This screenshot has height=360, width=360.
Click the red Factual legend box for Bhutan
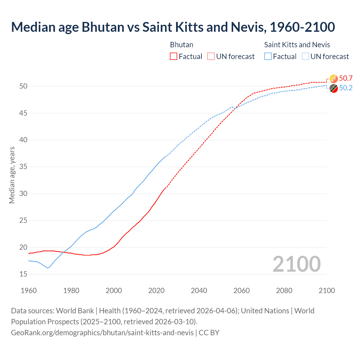pyautogui.click(x=174, y=57)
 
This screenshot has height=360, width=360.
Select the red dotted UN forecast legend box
pyautogui.click(x=211, y=57)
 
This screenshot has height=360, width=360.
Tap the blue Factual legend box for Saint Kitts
pyautogui.click(x=268, y=57)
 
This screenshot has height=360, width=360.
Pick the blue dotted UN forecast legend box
pyautogui.click(x=305, y=57)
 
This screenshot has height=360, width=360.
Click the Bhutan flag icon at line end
pyautogui.click(x=334, y=79)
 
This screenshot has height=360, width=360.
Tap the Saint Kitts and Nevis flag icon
pyautogui.click(x=334, y=88)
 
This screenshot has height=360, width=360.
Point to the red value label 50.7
pyautogui.click(x=346, y=78)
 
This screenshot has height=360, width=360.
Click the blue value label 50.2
pyautogui.click(x=346, y=88)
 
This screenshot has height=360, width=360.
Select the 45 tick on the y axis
pyautogui.click(x=23, y=113)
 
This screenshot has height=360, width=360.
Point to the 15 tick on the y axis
pyautogui.click(x=23, y=274)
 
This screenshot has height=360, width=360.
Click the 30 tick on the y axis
pyautogui.click(x=23, y=194)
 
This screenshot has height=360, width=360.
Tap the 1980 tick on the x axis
pyautogui.click(x=71, y=291)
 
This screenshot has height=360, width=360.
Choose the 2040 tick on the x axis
pyautogui.click(x=199, y=291)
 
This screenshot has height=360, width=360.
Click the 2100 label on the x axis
pyautogui.click(x=327, y=291)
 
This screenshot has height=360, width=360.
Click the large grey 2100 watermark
pyautogui.click(x=296, y=264)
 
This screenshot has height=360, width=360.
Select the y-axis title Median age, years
pyautogui.click(x=12, y=175)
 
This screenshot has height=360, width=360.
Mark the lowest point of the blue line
pyautogui.click(x=48, y=268)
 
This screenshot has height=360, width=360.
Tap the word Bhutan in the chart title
pyautogui.click(x=103, y=27)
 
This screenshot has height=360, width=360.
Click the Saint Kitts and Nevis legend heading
pyautogui.click(x=297, y=45)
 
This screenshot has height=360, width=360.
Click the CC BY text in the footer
pyautogui.click(x=209, y=333)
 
